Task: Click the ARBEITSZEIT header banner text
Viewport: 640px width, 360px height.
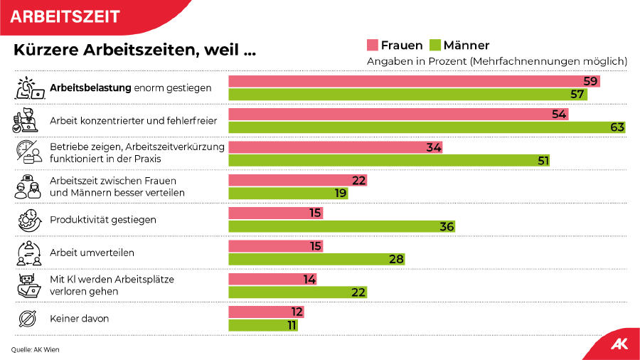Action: pos(65,16)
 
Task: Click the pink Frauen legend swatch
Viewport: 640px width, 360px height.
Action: pos(372,46)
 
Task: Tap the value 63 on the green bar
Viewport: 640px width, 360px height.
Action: pos(617,127)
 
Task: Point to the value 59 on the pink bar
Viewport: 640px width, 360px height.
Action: pos(590,82)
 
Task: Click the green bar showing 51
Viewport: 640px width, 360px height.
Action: pos(389,160)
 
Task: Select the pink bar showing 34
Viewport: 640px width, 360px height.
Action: pos(335,147)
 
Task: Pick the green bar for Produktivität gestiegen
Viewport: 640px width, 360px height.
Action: pos(341,226)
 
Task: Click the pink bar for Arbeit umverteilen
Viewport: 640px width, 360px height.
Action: pos(275,246)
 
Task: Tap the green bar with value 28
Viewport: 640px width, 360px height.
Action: pos(316,259)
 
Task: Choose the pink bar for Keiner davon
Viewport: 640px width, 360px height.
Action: pos(266,312)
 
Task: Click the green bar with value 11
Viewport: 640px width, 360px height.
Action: pos(262,325)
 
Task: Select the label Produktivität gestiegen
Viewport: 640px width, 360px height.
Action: pos(103,220)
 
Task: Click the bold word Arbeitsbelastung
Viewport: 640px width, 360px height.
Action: pos(90,88)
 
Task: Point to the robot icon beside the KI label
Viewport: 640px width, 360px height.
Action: pos(27,285)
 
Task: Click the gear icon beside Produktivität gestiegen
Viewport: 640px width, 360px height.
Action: pos(27,220)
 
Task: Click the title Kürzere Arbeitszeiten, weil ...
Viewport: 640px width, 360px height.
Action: pos(134,51)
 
